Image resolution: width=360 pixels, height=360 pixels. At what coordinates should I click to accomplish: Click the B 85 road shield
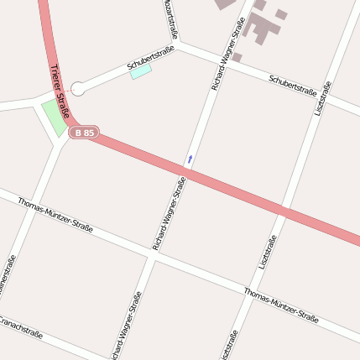(85, 133)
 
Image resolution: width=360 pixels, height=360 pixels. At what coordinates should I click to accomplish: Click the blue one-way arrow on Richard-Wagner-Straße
(190, 158)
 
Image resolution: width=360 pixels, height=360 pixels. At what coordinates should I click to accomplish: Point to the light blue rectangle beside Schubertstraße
(141, 72)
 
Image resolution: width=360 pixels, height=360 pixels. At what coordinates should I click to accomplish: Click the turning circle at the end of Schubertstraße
(78, 88)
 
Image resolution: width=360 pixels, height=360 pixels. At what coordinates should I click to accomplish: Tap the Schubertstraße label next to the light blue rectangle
(150, 57)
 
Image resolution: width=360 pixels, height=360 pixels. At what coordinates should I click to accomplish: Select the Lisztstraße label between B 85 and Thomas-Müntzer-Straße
(269, 252)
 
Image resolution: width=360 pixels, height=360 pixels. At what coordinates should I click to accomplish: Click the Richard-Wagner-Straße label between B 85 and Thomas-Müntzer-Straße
(169, 213)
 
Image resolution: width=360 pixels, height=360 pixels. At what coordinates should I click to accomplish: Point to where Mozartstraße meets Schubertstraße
(179, 45)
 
